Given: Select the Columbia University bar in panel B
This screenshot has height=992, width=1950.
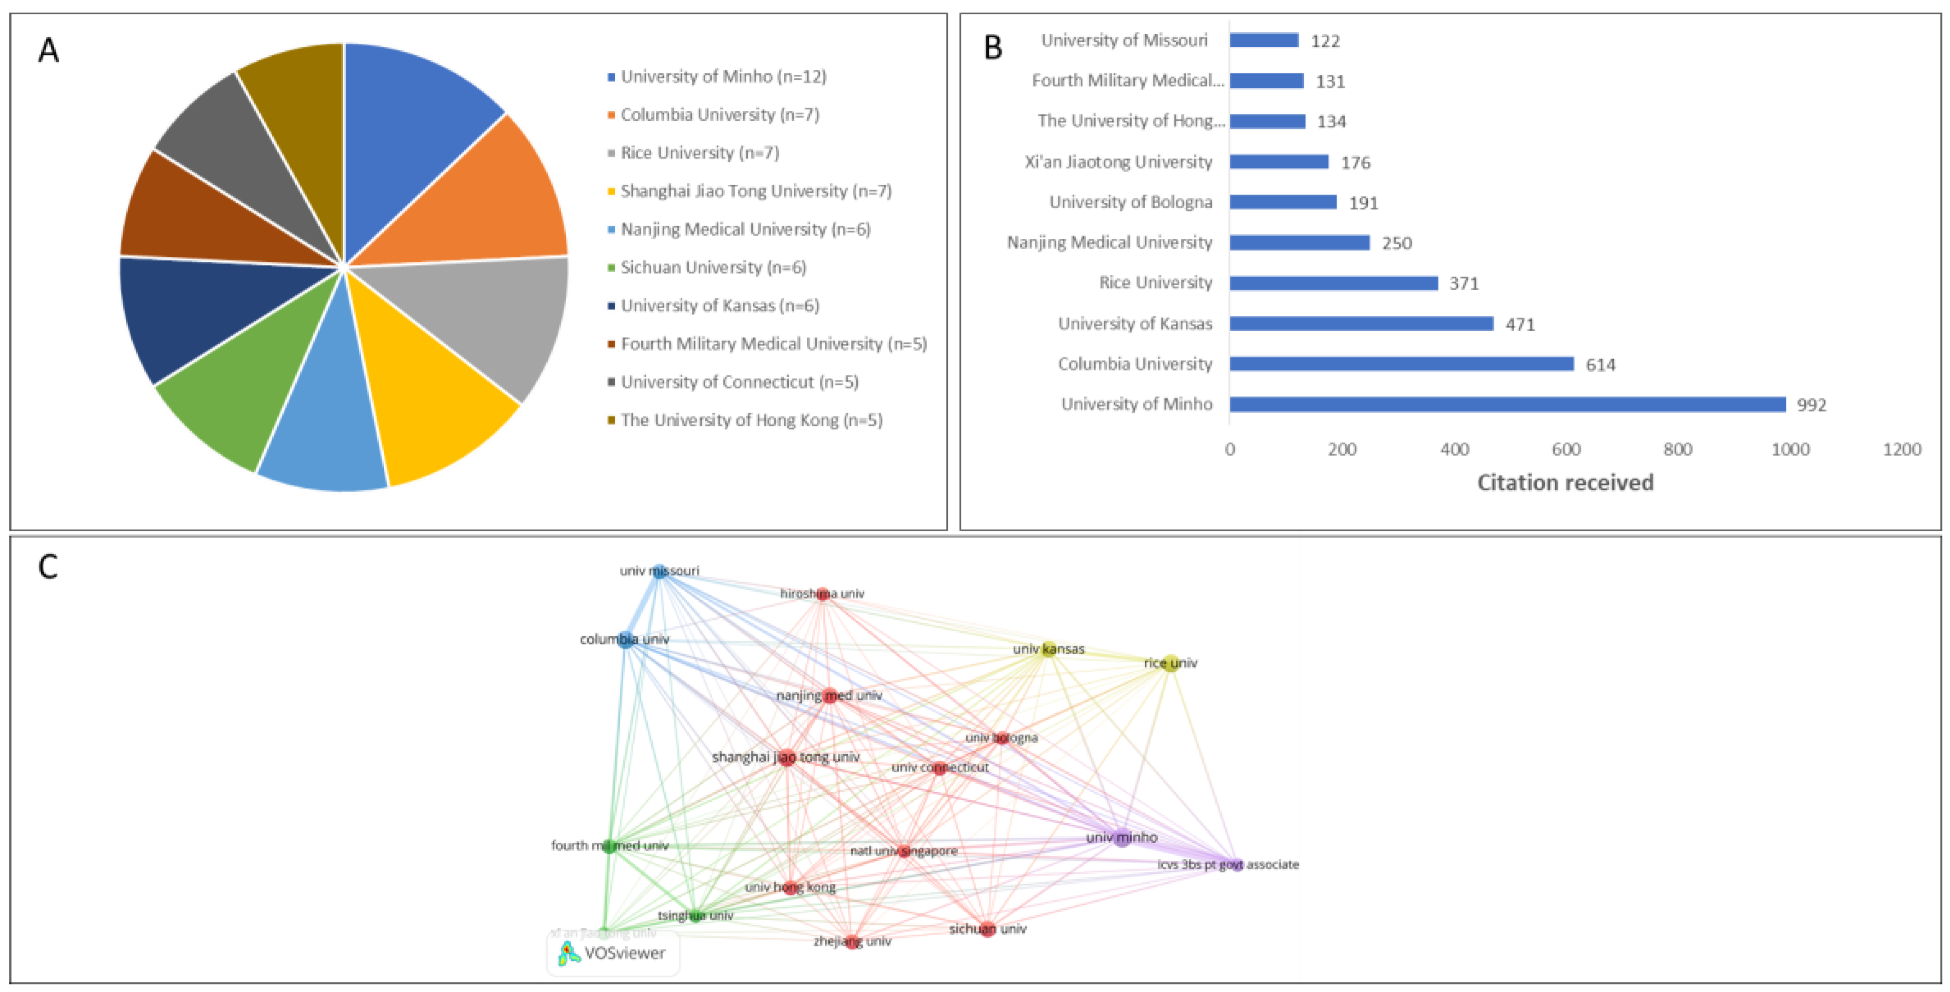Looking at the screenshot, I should pyautogui.click(x=1401, y=364).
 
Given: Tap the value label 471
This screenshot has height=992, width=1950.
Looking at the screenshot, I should pyautogui.click(x=1519, y=325).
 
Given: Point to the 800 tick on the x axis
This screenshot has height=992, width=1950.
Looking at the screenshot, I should pyautogui.click(x=1678, y=449).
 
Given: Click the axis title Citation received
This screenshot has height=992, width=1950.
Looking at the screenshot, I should pyautogui.click(x=1565, y=483).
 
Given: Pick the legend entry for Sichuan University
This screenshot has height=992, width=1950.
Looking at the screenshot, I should pyautogui.click(x=713, y=267).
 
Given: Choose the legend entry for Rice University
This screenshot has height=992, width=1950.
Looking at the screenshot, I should pyautogui.click(x=699, y=153).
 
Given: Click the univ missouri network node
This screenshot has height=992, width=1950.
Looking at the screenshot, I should pyautogui.click(x=659, y=571).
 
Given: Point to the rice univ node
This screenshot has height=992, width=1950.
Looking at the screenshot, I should pyautogui.click(x=1170, y=664).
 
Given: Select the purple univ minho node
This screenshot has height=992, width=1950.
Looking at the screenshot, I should pyautogui.click(x=1122, y=838).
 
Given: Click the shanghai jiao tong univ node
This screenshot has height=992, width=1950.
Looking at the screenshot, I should pyautogui.click(x=787, y=756).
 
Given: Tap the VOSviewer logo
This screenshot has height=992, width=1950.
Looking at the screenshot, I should pyautogui.click(x=612, y=953).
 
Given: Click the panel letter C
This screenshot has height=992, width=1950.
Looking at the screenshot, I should pyautogui.click(x=48, y=567).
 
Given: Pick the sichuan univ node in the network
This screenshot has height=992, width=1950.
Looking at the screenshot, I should pyautogui.click(x=987, y=929).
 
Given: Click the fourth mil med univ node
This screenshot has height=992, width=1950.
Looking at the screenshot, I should pyautogui.click(x=608, y=846).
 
